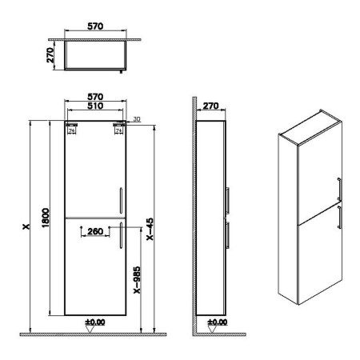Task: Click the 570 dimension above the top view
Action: click(x=95, y=26)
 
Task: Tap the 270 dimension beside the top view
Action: click(x=50, y=55)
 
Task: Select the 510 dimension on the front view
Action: click(x=95, y=106)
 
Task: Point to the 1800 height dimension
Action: click(x=46, y=218)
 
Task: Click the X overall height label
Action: click(x=26, y=226)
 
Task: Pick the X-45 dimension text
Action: click(x=150, y=229)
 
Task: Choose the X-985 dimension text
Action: click(x=137, y=280)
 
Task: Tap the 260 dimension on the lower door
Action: click(x=95, y=231)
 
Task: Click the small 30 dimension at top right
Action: click(x=137, y=119)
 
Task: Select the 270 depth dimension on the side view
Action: click(x=210, y=106)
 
